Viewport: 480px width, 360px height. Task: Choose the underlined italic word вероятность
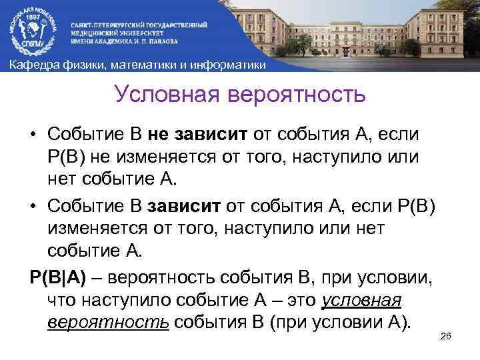pos(108,321)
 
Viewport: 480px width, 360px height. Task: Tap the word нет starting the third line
pos(63,178)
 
